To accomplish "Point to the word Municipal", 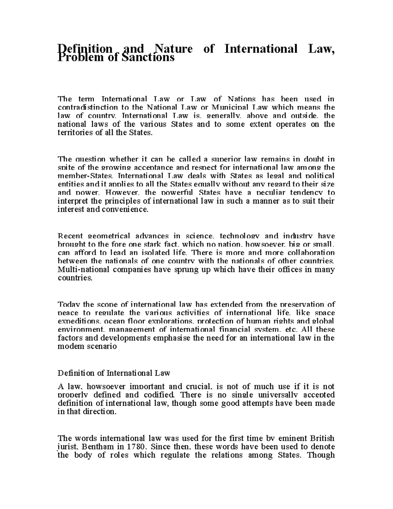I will (x=232, y=107).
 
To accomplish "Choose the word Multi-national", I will (x=83, y=270).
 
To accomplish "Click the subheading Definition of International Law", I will (x=114, y=373).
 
